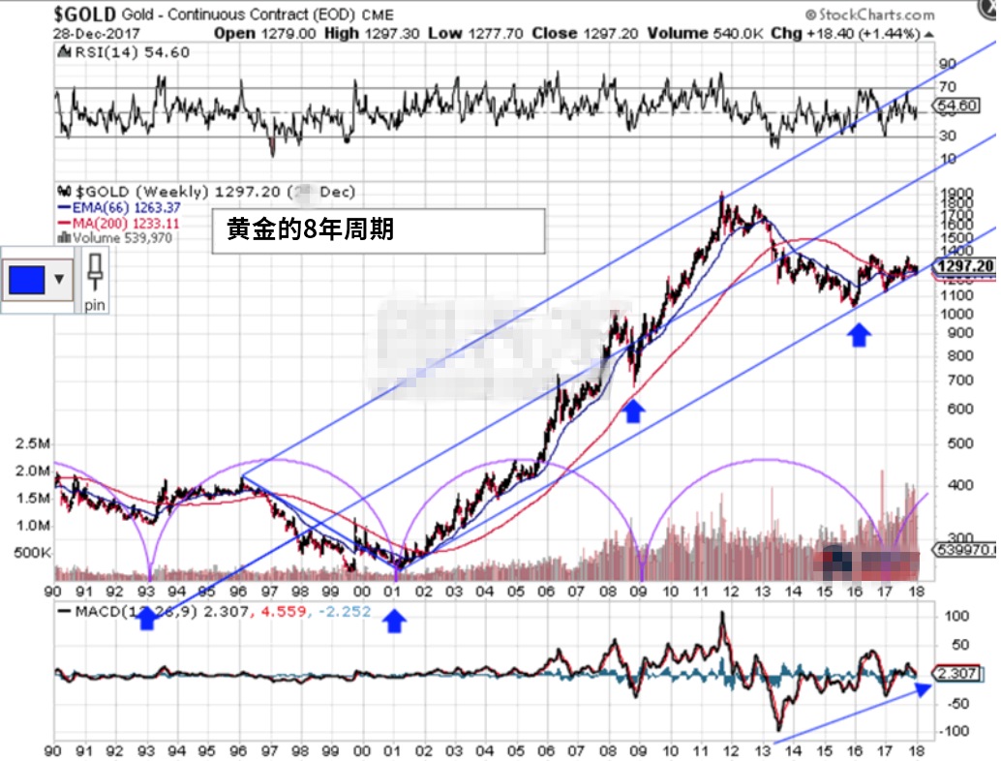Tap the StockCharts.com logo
[869, 14]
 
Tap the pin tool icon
[95, 279]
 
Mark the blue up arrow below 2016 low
[859, 335]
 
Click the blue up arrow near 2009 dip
[632, 411]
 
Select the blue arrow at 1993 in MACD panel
[146, 621]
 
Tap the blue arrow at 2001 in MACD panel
[394, 621]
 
